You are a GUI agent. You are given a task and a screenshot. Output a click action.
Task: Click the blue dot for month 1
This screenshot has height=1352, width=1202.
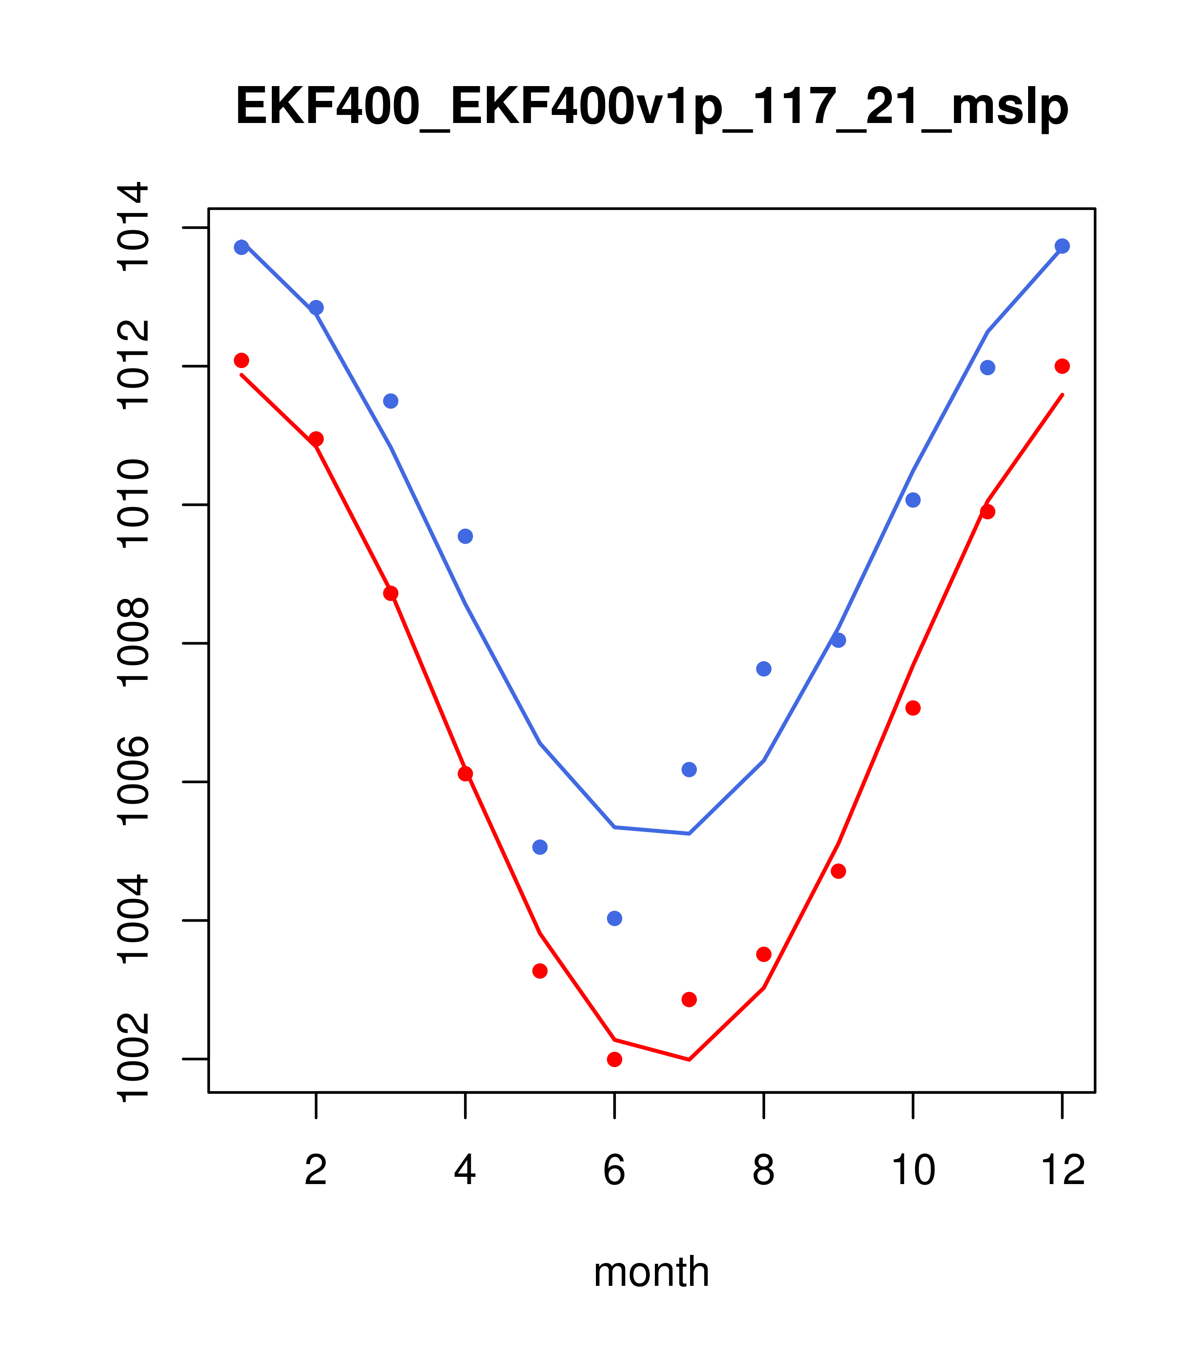pos(241,247)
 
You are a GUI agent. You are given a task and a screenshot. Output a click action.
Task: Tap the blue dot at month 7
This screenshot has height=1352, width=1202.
pos(689,769)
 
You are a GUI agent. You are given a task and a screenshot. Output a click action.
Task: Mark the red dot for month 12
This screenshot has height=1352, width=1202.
pos(1062,366)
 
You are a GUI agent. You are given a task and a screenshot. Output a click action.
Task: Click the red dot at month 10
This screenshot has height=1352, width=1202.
pos(913,708)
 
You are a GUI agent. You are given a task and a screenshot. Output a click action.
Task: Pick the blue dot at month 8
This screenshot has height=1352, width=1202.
pos(763,669)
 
